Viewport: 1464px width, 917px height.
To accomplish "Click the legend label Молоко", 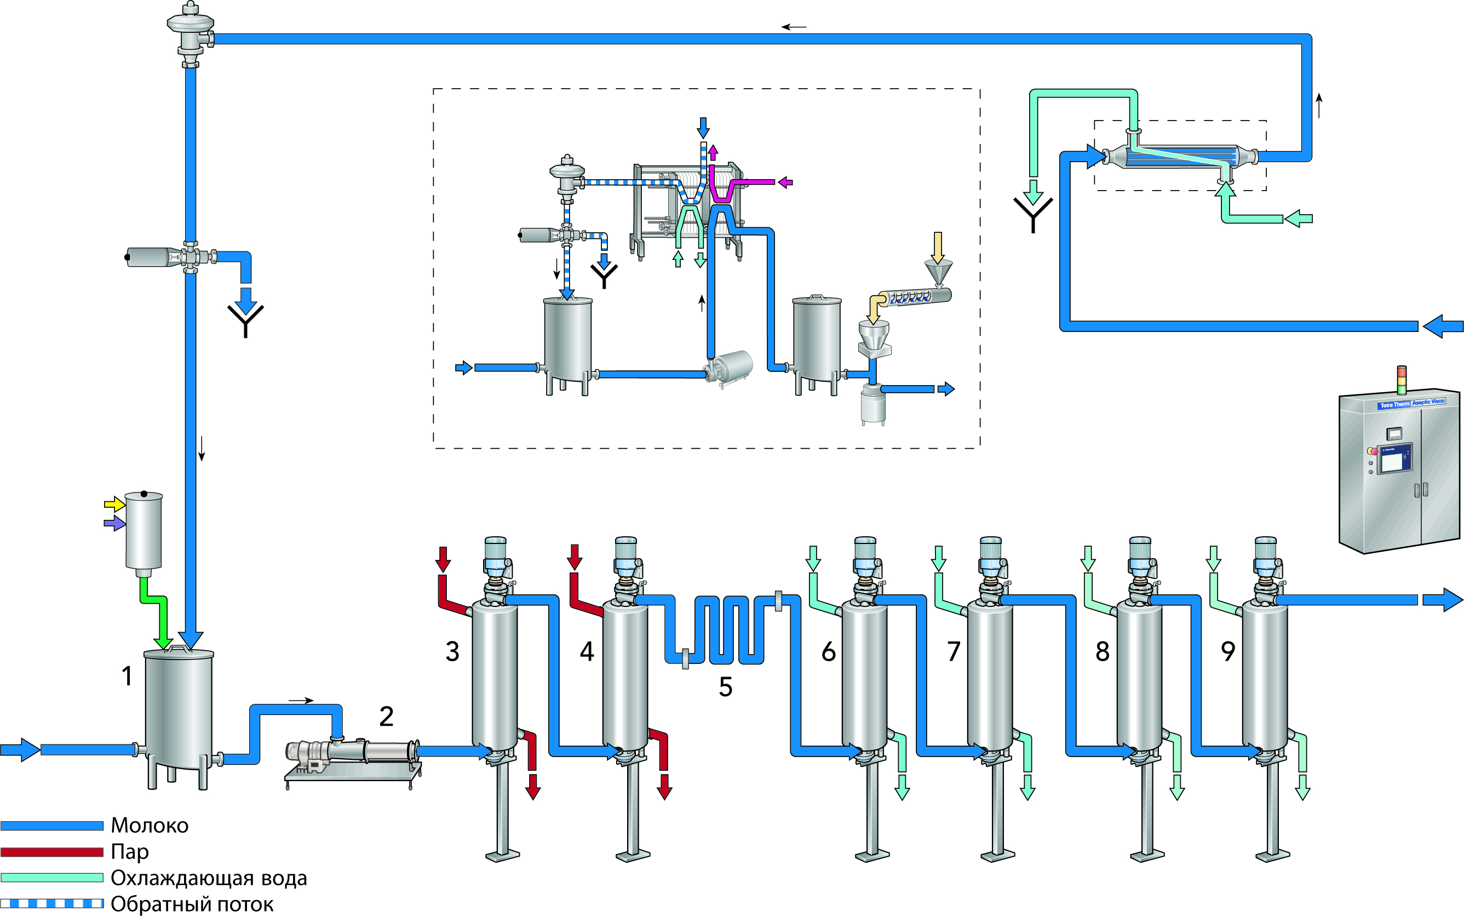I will [149, 826].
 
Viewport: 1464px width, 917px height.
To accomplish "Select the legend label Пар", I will [129, 851].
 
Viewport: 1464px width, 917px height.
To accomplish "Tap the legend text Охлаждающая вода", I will [208, 878].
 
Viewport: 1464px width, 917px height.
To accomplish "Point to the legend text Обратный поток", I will [192, 904].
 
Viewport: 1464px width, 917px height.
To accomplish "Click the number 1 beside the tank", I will [127, 675].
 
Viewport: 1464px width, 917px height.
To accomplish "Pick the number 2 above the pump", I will [386, 717].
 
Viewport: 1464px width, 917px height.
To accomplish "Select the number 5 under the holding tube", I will [725, 686].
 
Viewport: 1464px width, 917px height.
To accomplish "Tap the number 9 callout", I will [1227, 651].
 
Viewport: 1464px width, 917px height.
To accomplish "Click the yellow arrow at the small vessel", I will [114, 504].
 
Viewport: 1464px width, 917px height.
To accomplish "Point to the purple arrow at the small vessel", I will [114, 523].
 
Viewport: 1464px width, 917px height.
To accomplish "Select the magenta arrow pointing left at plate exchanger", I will [785, 182].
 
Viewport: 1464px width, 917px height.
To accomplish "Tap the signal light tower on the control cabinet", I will [1401, 380].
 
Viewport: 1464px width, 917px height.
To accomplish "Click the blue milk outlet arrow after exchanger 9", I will [1442, 600].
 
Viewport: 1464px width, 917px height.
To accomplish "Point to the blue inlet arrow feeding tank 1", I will [21, 749].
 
